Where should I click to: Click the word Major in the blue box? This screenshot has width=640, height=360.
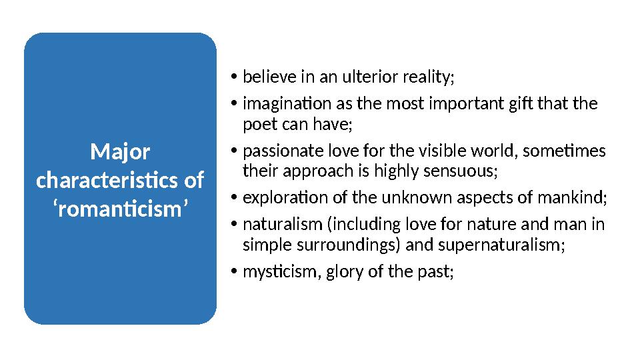point(120,153)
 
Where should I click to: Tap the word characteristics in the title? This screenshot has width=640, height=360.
point(107,180)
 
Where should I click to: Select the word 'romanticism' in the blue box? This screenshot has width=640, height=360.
point(120,209)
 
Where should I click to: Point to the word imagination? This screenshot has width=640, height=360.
point(287,104)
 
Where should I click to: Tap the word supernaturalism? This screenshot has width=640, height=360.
point(501,245)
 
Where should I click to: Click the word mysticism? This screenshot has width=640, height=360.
point(280,272)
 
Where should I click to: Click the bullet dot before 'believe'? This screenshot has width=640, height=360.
point(234,77)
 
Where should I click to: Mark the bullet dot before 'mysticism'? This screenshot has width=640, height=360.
point(234,271)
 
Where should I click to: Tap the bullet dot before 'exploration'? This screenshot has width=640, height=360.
point(234,197)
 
